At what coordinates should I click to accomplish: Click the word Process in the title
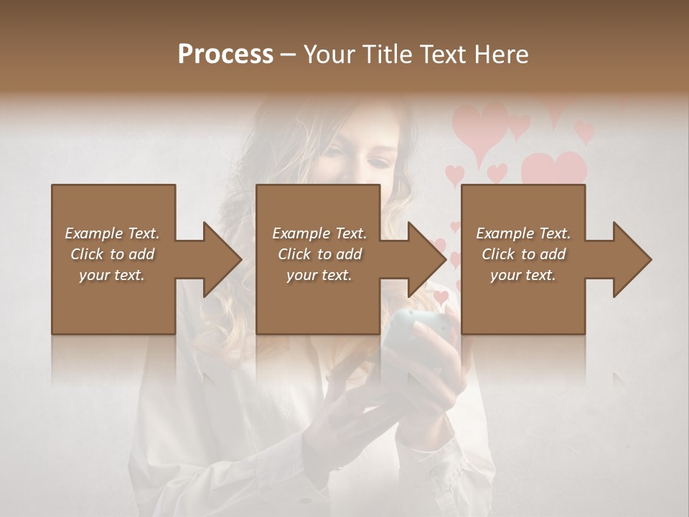coord(225,54)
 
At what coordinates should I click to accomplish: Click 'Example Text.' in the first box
coord(112,233)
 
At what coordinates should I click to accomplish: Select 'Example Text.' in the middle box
coord(319,233)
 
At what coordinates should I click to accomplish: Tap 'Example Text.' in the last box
coord(523,233)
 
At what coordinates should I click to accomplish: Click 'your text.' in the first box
coord(112,275)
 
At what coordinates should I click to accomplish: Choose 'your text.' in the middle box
coord(319,275)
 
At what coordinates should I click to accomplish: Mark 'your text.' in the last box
coord(523,275)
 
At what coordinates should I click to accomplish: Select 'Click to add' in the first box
coord(112,254)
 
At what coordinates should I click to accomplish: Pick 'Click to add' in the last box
coord(523,254)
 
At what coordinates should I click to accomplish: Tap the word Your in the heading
coord(329,54)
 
